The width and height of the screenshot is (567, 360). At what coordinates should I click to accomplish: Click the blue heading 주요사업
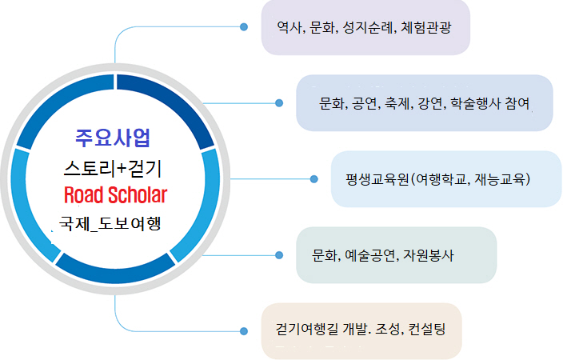113,138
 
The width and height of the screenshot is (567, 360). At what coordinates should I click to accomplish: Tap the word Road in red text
83,194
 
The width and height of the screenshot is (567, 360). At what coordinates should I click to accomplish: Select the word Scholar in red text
138,194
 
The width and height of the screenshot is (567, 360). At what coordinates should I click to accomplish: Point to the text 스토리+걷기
113,168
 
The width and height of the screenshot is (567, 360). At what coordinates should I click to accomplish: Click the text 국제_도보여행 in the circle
110,223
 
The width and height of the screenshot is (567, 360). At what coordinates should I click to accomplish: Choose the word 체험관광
426,27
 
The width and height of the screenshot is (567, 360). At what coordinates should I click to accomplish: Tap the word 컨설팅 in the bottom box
427,329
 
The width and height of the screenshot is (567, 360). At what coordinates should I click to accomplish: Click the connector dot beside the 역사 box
244,26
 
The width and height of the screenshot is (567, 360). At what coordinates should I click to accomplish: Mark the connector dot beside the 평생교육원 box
313,178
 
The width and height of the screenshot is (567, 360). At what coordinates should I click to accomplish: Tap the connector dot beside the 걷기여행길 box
244,331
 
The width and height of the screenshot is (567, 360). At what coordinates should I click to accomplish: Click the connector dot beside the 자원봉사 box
279,255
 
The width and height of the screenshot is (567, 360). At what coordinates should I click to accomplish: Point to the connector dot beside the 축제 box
279,103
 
